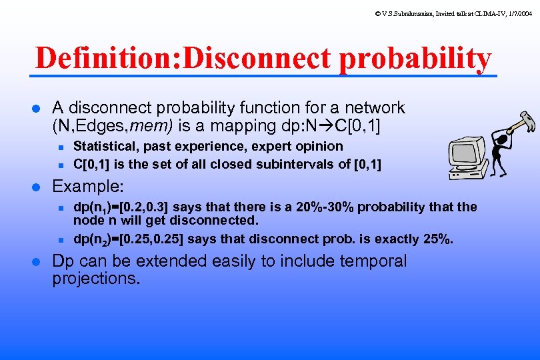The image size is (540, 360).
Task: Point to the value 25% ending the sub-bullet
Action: tap(437, 239)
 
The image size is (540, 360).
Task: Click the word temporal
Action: tap(373, 261)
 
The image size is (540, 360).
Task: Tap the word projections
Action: tap(96, 279)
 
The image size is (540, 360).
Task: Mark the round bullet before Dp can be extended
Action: tap(37, 261)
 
